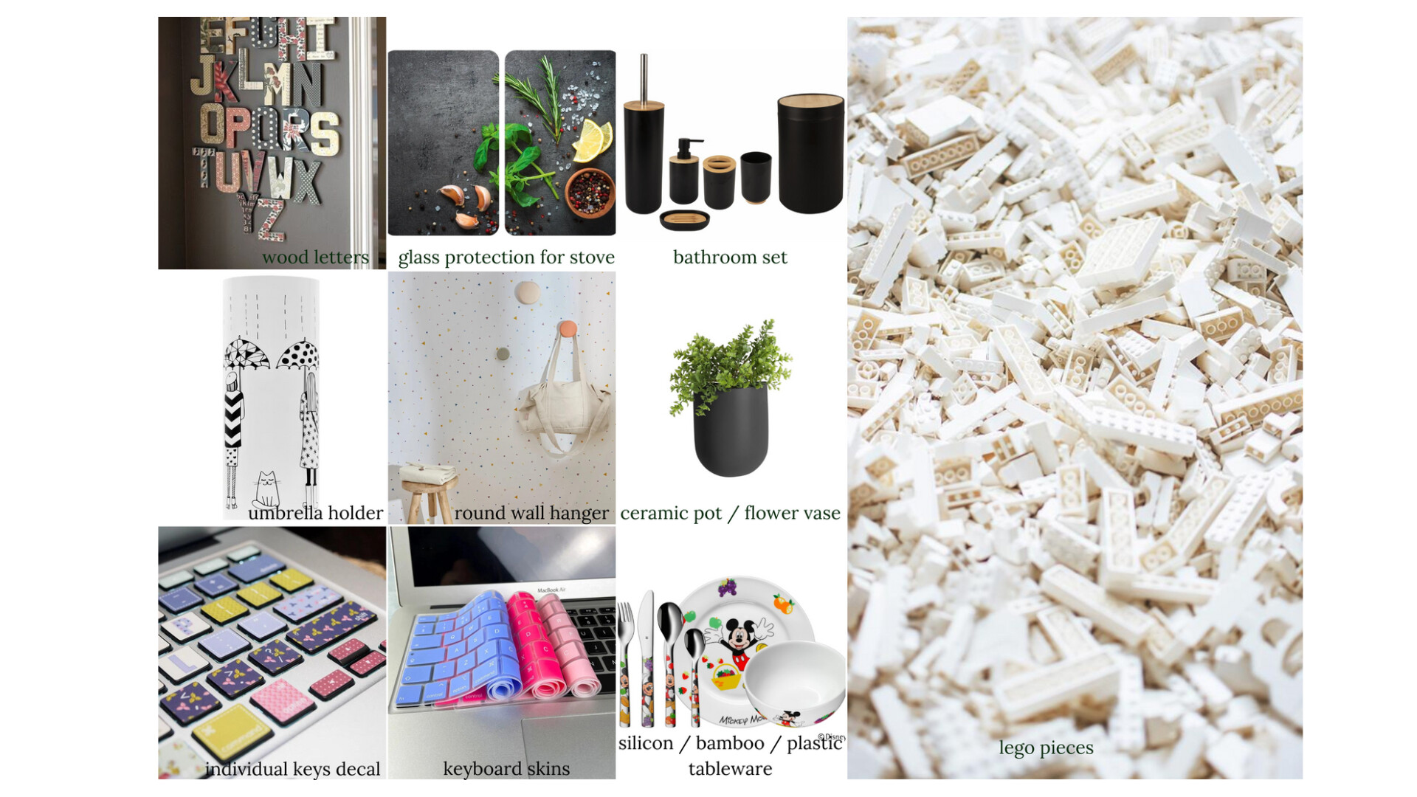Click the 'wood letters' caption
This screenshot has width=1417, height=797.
pos(315,257)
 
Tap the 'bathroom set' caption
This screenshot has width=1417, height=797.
pos(730,257)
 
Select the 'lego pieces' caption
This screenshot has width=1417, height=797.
pos(1046,748)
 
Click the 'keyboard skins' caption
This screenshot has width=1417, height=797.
pos(506,769)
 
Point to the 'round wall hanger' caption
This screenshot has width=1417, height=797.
pos(531,513)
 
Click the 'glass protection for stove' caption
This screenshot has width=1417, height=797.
pos(506,258)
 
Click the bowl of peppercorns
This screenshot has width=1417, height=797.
pos(590,193)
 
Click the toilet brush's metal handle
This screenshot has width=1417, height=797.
pos(644,78)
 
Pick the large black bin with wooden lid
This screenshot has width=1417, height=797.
pos(810,153)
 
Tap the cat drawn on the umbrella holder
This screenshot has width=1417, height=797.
pos(266,489)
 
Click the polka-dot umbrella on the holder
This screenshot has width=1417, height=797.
pos(298,354)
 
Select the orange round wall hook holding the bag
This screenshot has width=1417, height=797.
pos(567,328)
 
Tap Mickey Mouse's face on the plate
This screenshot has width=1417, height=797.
pos(739,635)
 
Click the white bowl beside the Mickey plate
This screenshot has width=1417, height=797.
pos(795,683)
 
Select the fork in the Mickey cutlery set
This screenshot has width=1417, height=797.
pos(626,664)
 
